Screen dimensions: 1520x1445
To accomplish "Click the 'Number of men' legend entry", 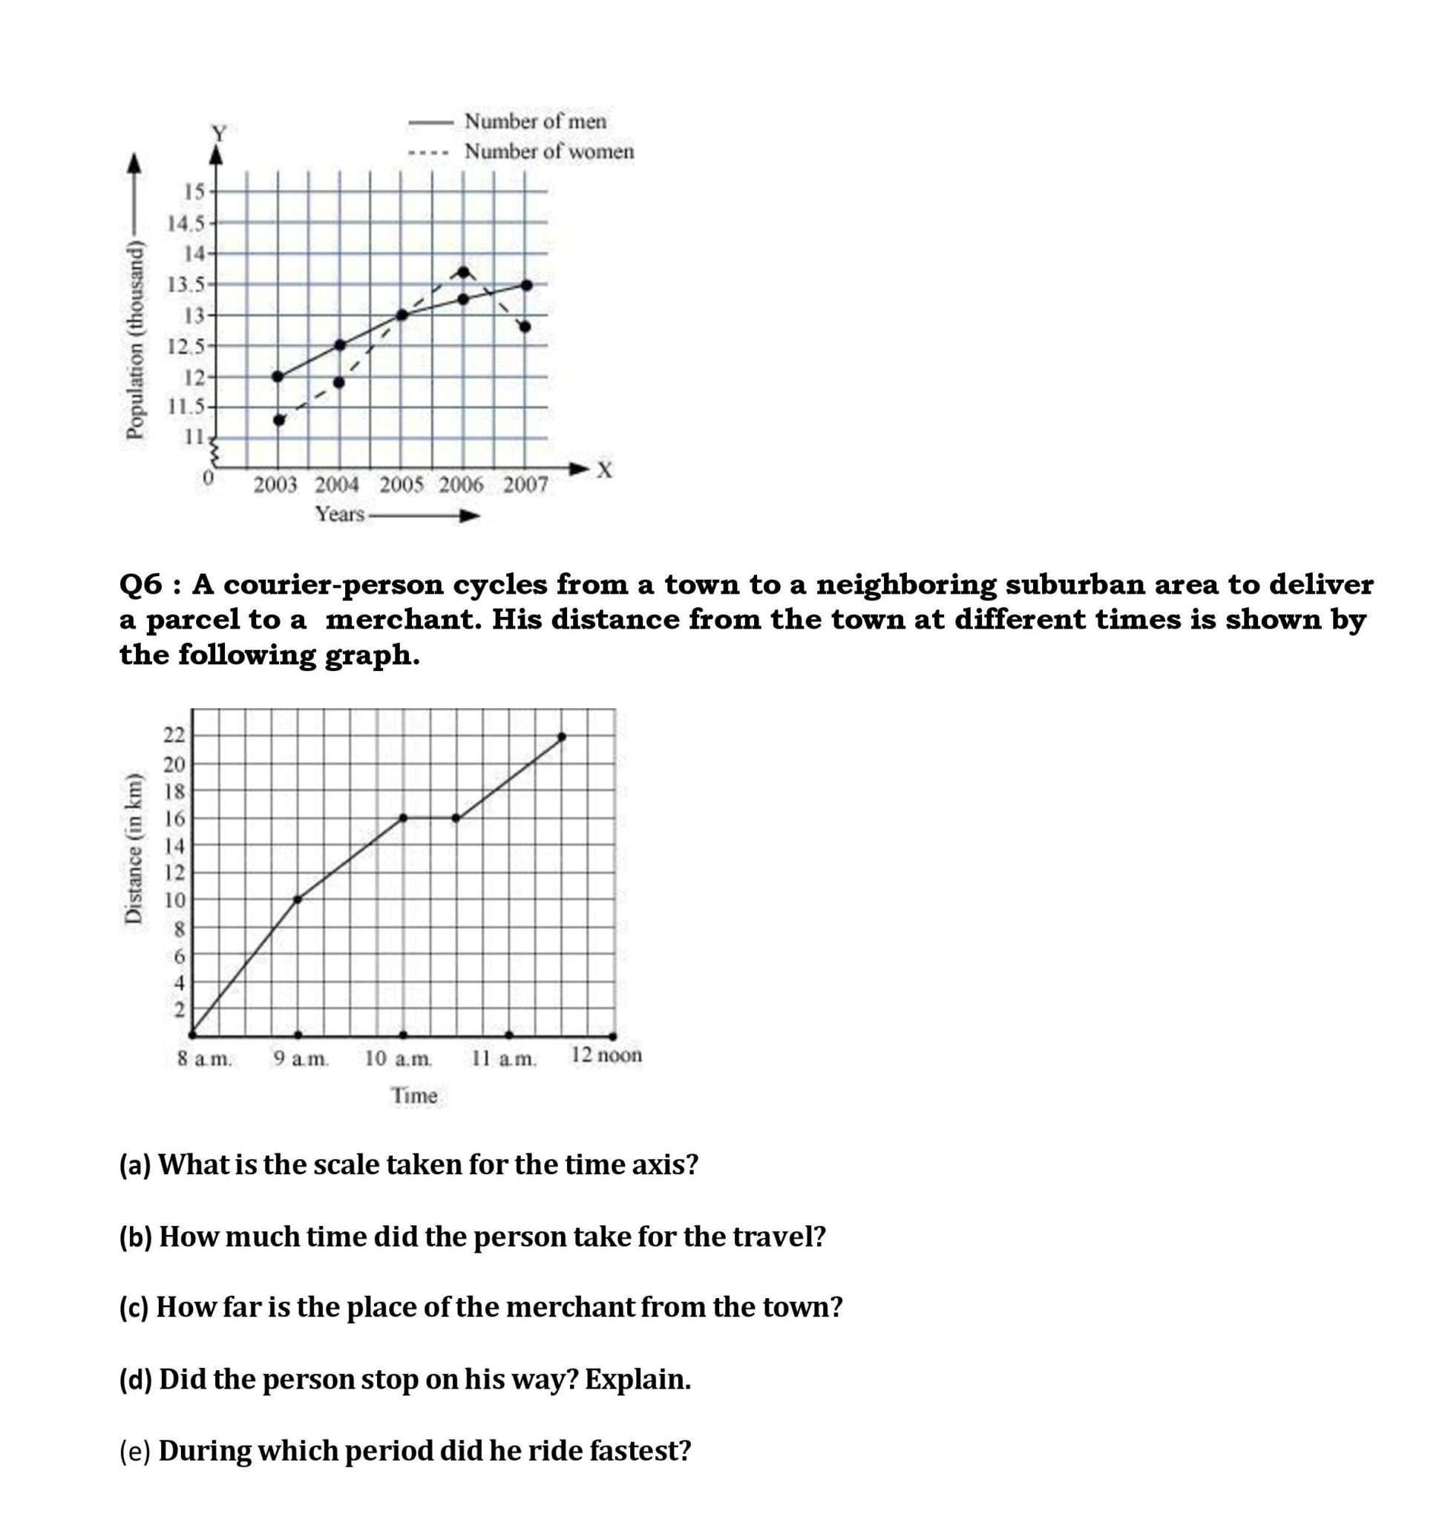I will [535, 121].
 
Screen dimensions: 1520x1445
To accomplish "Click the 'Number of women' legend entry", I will [548, 151].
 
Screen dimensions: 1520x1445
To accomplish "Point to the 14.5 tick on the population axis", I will [187, 223].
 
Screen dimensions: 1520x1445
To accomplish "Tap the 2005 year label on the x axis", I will [402, 485].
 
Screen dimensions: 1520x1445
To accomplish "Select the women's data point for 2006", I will [463, 272].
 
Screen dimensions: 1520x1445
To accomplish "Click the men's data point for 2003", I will [278, 376].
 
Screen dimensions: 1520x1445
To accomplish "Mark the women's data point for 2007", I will [525, 326].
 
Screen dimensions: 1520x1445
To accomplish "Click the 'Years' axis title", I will [340, 514].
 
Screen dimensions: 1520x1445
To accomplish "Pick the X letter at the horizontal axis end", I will [605, 469].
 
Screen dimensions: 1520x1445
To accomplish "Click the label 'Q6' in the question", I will [141, 585].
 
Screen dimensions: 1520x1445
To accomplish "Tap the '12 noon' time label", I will [606, 1055].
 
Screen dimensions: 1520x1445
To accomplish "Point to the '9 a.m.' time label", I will [301, 1058].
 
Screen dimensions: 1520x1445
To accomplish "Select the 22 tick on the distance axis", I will [174, 735].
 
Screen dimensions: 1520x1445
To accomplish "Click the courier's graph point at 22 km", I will [562, 736].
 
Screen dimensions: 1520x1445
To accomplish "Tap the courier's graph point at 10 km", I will [298, 898].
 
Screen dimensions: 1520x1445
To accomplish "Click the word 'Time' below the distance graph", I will [414, 1095].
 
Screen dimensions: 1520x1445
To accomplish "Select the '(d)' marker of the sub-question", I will [136, 1378].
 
